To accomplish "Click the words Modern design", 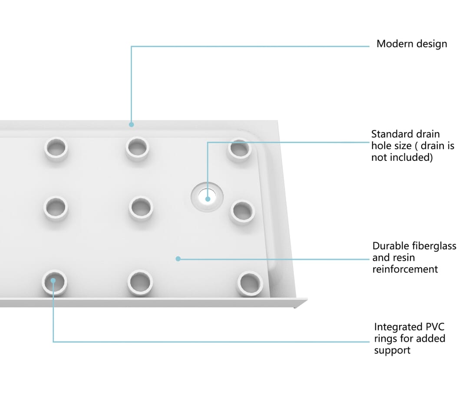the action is click(x=412, y=44).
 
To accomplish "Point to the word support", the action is click(x=392, y=351).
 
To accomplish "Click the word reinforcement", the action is click(x=405, y=269).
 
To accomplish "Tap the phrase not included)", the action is click(x=402, y=157).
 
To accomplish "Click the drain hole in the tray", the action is click(x=207, y=197).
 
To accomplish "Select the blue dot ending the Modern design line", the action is click(x=131, y=125).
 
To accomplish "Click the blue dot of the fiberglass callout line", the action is click(x=178, y=259).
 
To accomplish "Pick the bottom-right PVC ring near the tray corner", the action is click(x=250, y=283).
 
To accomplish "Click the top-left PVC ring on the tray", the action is click(x=56, y=149).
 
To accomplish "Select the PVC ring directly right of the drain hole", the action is click(x=243, y=212).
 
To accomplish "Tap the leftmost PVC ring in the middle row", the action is click(x=56, y=208).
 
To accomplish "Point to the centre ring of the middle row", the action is click(x=141, y=208).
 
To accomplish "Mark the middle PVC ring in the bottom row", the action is click(x=140, y=282).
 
